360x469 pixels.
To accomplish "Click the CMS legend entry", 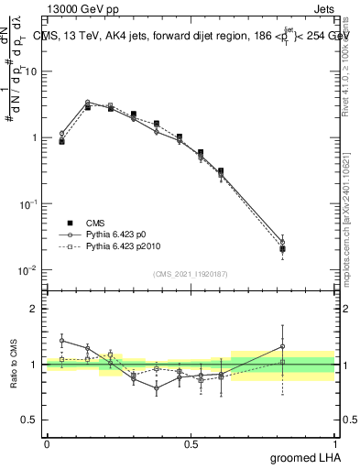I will click(96, 223).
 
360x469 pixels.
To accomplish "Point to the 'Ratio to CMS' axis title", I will click(12, 364).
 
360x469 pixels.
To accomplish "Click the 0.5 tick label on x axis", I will click(191, 444).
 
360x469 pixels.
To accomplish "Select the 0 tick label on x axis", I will click(47, 444).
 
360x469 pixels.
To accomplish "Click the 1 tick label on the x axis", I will click(334, 444).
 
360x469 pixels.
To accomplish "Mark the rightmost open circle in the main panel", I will click(282, 243).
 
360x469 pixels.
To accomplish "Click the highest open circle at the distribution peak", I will click(87, 103).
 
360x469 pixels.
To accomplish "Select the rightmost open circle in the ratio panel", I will click(282, 347).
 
